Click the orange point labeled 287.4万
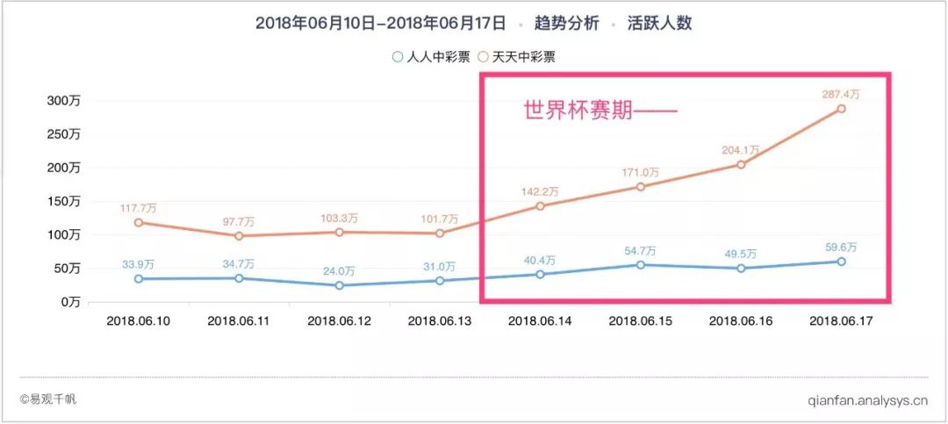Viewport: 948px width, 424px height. pyautogui.click(x=840, y=109)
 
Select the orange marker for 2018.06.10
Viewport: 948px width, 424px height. pyautogui.click(x=139, y=222)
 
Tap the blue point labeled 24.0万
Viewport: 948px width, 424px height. pyautogui.click(x=339, y=285)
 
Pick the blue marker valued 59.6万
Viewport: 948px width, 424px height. pyautogui.click(x=841, y=262)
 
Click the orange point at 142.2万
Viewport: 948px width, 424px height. pyautogui.click(x=540, y=206)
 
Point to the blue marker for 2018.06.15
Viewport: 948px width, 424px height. pyautogui.click(x=640, y=265)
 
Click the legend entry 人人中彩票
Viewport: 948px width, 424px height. pyautogui.click(x=431, y=57)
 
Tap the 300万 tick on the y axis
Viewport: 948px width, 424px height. pyautogui.click(x=63, y=101)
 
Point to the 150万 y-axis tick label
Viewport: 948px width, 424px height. pyautogui.click(x=63, y=201)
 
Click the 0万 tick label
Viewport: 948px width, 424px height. pyautogui.click(x=68, y=301)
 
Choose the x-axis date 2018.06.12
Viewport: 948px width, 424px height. pyautogui.click(x=339, y=321)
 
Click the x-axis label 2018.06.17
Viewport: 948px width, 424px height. pyautogui.click(x=840, y=321)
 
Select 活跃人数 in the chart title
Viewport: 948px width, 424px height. pyautogui.click(x=659, y=24)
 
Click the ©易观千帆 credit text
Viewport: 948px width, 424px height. pyautogui.click(x=48, y=399)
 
